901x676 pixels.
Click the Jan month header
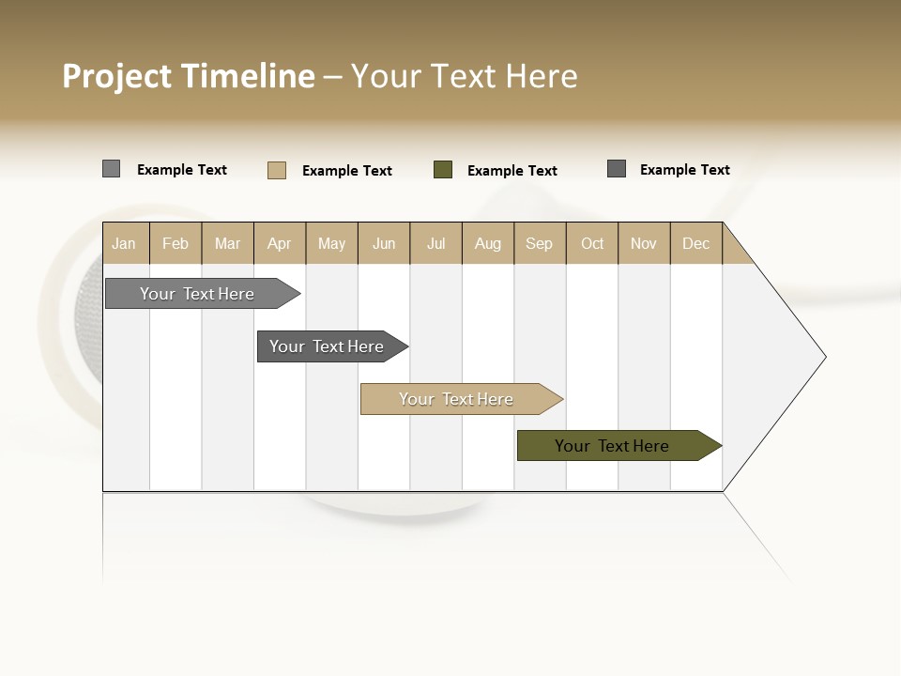125,243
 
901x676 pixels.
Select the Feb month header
176,243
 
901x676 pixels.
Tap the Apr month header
280,243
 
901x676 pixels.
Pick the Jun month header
384,243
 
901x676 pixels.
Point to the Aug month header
488,243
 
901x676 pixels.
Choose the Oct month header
592,243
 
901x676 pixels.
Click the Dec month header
696,243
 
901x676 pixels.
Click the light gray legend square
112,169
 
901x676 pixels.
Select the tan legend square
277,170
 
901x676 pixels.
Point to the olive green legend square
443,169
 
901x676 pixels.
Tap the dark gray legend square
617,169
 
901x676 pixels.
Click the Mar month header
227,243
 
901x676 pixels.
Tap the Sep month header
540,243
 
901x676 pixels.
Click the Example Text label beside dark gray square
684,170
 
